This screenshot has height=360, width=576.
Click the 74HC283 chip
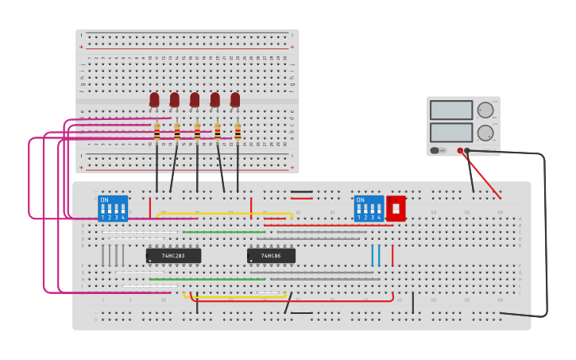pyautogui.click(x=173, y=256)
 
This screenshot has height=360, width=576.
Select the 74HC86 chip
pyautogui.click(x=271, y=256)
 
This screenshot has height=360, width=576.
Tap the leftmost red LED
pyautogui.click(x=154, y=99)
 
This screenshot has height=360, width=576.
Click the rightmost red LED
pyautogui.click(x=235, y=99)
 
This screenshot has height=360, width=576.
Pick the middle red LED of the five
pyautogui.click(x=195, y=99)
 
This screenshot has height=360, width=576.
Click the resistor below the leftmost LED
pyautogui.click(x=157, y=133)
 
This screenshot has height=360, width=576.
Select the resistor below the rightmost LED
pyautogui.click(x=238, y=133)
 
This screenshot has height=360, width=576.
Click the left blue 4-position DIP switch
pyautogui.click(x=113, y=208)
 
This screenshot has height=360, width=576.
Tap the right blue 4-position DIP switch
pyautogui.click(x=369, y=208)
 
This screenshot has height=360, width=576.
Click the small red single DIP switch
pyautogui.click(x=396, y=208)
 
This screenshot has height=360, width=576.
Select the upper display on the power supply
pyautogui.click(x=450, y=110)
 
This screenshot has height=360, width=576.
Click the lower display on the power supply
pyautogui.click(x=450, y=132)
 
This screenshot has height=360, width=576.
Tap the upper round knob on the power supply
pyautogui.click(x=485, y=110)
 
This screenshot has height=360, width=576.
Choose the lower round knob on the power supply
pyautogui.click(x=485, y=133)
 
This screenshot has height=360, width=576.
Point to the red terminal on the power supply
pyautogui.click(x=460, y=150)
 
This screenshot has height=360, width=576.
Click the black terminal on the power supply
pyautogui.click(x=467, y=150)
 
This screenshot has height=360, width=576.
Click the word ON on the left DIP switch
pyautogui.click(x=105, y=199)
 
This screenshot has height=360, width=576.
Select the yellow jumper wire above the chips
pyautogui.click(x=222, y=213)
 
